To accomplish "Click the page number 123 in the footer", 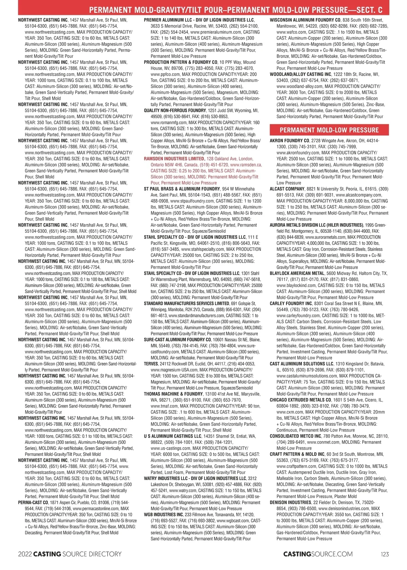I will [385, 554].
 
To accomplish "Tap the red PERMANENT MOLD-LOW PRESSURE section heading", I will [329, 130].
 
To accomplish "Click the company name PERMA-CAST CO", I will [33, 502].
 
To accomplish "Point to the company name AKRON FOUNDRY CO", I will [289, 141].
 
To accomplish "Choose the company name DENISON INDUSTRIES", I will [290, 502].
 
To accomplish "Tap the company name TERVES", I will [151, 364].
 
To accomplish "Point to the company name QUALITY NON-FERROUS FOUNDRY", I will [175, 111].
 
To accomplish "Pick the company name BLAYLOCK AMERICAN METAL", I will [297, 273].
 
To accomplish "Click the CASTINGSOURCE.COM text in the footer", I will [318, 554].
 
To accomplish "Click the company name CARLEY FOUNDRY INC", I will [291, 304].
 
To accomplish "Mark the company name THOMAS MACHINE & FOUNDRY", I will [173, 394].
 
